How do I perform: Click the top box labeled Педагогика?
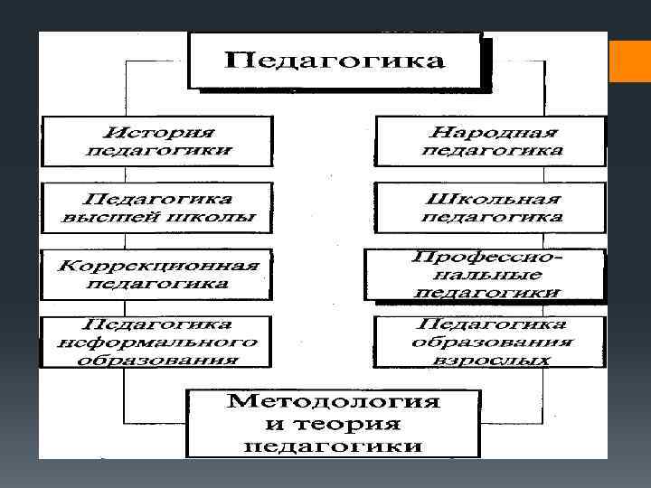335,61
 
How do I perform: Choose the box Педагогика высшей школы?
157,207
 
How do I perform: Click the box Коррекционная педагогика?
157,274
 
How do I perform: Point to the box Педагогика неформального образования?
157,341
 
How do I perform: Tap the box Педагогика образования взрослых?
492,341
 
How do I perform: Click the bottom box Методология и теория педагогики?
335,422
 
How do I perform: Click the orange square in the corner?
629,61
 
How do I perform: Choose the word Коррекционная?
158,266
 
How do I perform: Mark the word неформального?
157,342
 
